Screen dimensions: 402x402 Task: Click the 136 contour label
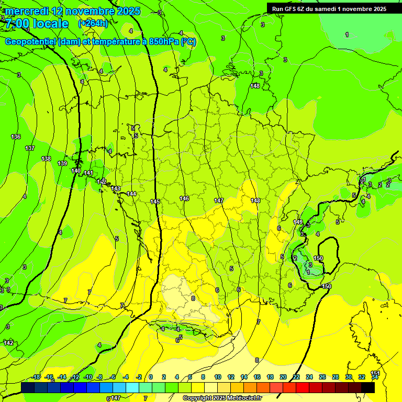(16, 137)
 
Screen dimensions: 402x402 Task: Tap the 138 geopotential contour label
(46, 159)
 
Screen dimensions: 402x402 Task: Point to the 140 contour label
(76, 171)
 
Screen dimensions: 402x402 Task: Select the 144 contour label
(131, 194)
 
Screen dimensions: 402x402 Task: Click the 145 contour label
(155, 202)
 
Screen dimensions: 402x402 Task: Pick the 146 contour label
(184, 198)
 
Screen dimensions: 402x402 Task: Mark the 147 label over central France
(219, 200)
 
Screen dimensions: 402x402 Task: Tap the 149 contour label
(298, 222)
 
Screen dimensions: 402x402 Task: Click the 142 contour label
(8, 342)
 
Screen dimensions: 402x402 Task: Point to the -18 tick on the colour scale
(36, 377)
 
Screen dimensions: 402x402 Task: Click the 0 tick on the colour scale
(151, 377)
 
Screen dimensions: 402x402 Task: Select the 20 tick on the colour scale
(283, 377)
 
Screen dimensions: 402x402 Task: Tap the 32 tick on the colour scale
(362, 377)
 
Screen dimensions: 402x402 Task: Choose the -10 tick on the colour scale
(88, 377)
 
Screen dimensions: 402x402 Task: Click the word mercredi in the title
(28, 11)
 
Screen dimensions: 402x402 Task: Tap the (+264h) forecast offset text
(93, 24)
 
